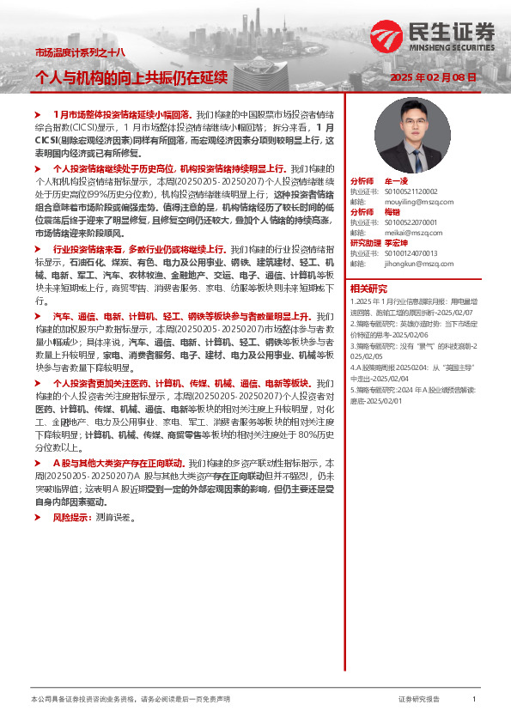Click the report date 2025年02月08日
(433, 77)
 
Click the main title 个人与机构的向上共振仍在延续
(131, 77)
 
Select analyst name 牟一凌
(396, 182)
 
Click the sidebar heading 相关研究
(369, 289)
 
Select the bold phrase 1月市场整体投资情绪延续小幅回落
(122, 113)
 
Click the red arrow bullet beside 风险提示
(37, 518)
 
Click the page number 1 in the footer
(474, 699)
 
